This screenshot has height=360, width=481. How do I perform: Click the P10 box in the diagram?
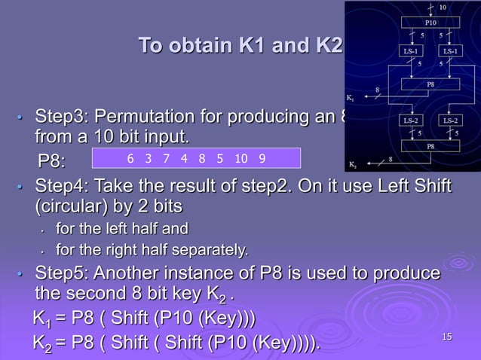click(x=430, y=23)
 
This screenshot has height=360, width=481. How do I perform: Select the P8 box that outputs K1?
click(x=430, y=84)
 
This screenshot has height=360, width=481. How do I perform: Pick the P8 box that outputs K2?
click(x=430, y=145)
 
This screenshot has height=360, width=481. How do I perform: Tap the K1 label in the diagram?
click(x=350, y=98)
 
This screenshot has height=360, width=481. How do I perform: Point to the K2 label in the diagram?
click(x=352, y=163)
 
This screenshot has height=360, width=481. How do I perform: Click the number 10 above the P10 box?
click(x=443, y=7)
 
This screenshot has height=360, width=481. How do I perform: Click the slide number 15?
click(x=446, y=336)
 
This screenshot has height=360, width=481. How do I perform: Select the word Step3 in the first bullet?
click(x=60, y=118)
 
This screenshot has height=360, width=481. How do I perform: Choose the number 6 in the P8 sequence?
click(x=130, y=158)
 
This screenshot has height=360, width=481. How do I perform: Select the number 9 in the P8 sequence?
click(x=262, y=158)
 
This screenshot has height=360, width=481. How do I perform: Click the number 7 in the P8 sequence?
click(x=166, y=158)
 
